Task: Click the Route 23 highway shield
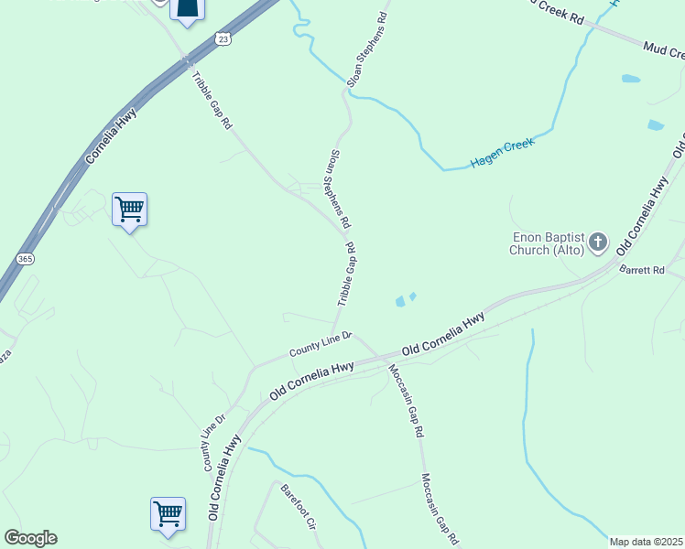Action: point(223,38)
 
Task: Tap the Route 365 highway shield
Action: point(26,258)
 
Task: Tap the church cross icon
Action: point(597,242)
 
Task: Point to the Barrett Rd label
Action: point(641,270)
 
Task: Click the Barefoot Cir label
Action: point(298,509)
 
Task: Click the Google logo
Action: point(30,538)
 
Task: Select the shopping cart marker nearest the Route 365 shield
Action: point(129,210)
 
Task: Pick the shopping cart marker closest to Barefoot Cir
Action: point(169,513)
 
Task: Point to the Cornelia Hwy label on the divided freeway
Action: point(111,137)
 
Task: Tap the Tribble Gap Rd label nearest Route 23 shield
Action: point(212,100)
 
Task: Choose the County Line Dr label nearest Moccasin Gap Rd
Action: point(321,344)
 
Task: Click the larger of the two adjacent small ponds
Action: point(400,301)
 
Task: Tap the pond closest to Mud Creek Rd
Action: point(631,79)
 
